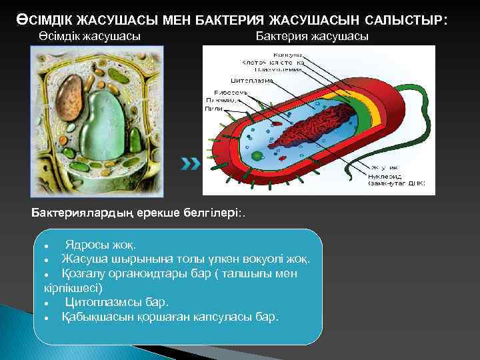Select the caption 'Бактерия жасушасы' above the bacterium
click(312, 36)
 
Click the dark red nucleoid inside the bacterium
click(307, 126)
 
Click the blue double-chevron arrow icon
click(191, 163)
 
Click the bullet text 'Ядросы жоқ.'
click(99, 244)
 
